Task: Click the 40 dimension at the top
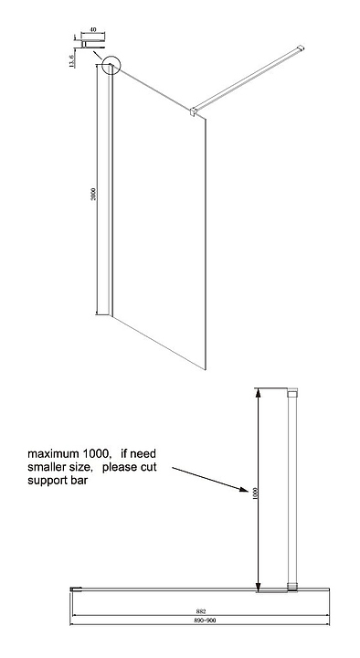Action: pyautogui.click(x=93, y=29)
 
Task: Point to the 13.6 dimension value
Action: pyautogui.click(x=71, y=61)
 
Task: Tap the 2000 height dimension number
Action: pyautogui.click(x=93, y=194)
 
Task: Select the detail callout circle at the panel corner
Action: pyautogui.click(x=111, y=65)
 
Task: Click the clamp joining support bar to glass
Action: pyautogui.click(x=194, y=111)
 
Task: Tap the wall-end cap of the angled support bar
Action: pyautogui.click(x=300, y=48)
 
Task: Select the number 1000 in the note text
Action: pyautogui.click(x=96, y=453)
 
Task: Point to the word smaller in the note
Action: pyautogui.click(x=45, y=467)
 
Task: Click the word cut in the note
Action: pyautogui.click(x=149, y=467)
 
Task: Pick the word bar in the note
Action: pyautogui.click(x=81, y=480)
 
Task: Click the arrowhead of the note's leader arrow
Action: pyautogui.click(x=244, y=489)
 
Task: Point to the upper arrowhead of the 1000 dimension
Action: pyautogui.click(x=258, y=394)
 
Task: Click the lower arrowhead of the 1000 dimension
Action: pyautogui.click(x=258, y=586)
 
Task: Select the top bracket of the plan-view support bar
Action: pyautogui.click(x=292, y=392)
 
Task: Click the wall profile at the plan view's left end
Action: pyautogui.click(x=75, y=589)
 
